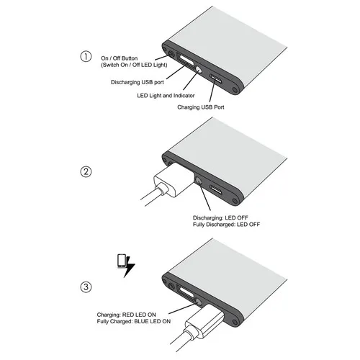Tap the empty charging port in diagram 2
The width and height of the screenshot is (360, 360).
215,192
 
